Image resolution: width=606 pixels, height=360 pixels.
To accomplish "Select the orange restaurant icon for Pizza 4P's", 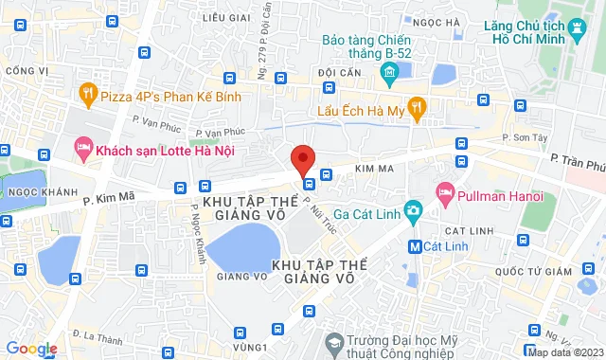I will pyautogui.click(x=87, y=93).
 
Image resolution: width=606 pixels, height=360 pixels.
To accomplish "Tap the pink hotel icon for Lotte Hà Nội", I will pyautogui.click(x=83, y=149).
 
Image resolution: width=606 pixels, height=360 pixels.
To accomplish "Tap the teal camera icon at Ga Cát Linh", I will pyautogui.click(x=412, y=209).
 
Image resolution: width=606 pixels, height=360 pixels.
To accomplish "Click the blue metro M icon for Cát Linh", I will pyautogui.click(x=414, y=246).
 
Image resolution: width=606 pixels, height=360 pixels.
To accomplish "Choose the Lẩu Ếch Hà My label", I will pyautogui.click(x=360, y=110).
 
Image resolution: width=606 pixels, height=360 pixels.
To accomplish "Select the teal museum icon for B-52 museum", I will pyautogui.click(x=387, y=71).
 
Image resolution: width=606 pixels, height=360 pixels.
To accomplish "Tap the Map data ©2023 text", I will pyautogui.click(x=565, y=353).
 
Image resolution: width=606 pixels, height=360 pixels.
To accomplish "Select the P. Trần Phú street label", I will pyautogui.click(x=577, y=165).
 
